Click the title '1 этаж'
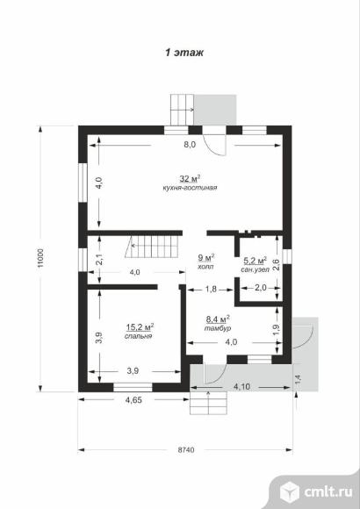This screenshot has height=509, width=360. (x=184, y=53)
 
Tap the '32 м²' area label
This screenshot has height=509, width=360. (x=190, y=178)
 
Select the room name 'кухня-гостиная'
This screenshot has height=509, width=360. (x=190, y=188)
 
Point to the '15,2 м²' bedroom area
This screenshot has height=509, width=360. (x=140, y=326)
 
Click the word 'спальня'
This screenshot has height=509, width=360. (x=139, y=336)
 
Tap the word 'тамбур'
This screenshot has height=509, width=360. (x=218, y=328)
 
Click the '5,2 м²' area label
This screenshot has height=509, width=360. (x=255, y=261)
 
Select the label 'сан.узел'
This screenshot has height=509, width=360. (x=255, y=269)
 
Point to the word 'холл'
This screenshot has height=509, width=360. (x=205, y=267)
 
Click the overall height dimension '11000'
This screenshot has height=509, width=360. (x=40, y=258)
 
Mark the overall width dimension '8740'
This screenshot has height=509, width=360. (x=186, y=450)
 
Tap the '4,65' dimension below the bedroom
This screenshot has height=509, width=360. (x=133, y=400)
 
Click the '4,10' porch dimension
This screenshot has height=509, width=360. (x=241, y=387)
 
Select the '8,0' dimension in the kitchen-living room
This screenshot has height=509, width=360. (x=190, y=145)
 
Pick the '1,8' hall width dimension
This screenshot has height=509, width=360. (x=211, y=288)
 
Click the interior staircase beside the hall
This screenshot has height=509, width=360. (x=152, y=247)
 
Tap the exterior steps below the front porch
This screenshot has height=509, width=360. (x=208, y=403)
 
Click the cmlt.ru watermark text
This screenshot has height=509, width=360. (x=328, y=491)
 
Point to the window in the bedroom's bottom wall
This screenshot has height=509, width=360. (x=133, y=387)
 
